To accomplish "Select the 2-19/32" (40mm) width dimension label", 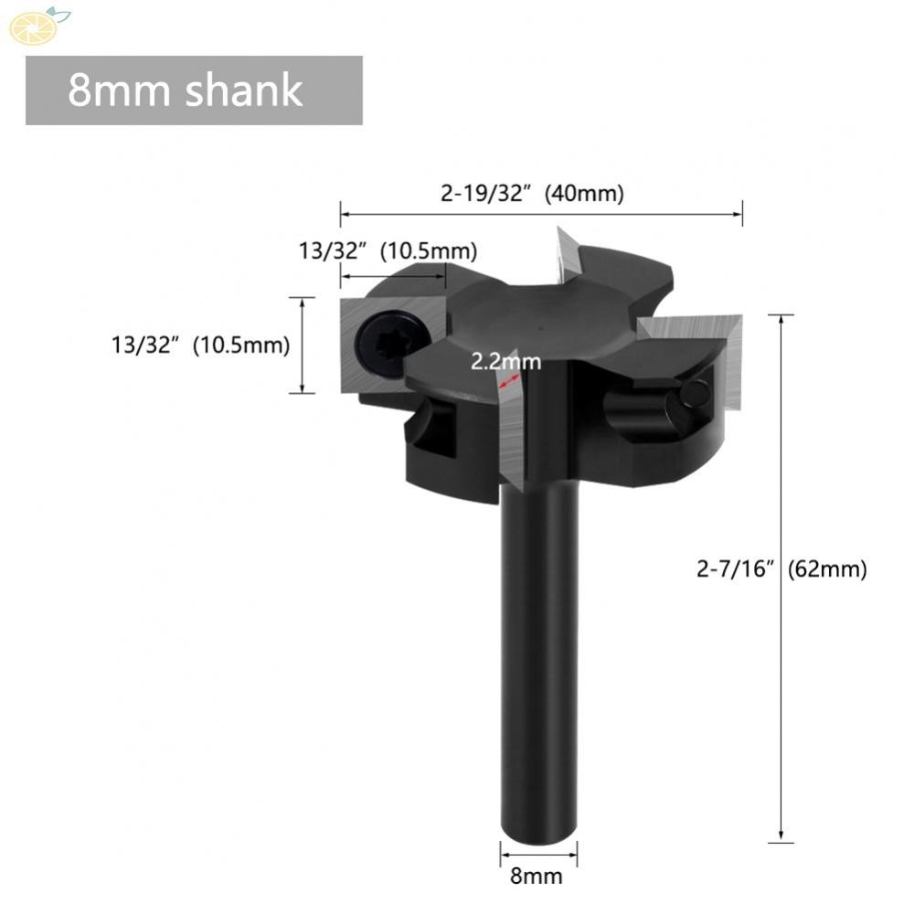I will pyautogui.click(x=532, y=194).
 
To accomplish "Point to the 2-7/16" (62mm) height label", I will pyautogui.click(x=781, y=569).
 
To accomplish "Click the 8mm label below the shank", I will pyautogui.click(x=537, y=877).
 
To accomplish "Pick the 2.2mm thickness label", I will pyautogui.click(x=505, y=362).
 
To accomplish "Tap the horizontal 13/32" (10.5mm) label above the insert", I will pyautogui.click(x=388, y=250).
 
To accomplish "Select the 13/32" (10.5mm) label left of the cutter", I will pyautogui.click(x=200, y=345).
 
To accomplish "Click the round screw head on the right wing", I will pyautogui.click(x=695, y=393).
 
